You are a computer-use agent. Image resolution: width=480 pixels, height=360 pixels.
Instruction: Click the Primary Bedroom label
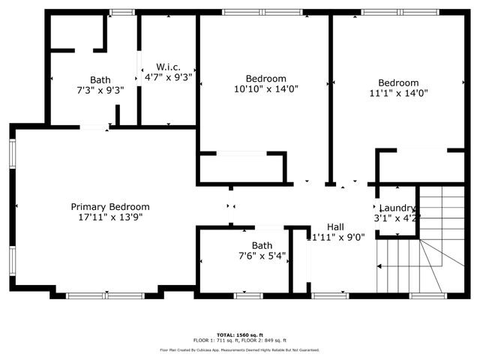pos(109,207)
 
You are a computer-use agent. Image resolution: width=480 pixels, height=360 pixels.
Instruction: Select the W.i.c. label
pos(168,66)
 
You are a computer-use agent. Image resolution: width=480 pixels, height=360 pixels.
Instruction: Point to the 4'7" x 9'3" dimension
pos(168,76)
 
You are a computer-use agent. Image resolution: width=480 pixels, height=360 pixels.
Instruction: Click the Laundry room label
pos(397,208)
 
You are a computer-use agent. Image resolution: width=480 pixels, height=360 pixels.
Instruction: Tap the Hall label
pos(335,226)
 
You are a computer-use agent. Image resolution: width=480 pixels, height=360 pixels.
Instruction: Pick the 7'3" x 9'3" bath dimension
pos(100,90)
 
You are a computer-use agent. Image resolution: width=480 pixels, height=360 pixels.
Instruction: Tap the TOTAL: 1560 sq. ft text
pos(239,334)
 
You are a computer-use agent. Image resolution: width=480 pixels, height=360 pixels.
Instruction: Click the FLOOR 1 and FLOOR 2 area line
pos(239,340)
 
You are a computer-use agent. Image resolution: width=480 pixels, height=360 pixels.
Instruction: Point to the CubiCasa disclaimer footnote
pos(239,350)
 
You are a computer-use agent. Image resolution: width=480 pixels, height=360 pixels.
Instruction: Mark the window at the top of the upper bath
pos(122,12)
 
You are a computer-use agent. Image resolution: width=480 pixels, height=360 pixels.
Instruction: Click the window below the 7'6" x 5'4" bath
pos(248,295)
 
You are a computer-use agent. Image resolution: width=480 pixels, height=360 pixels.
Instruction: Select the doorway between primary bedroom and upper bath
pos(94,127)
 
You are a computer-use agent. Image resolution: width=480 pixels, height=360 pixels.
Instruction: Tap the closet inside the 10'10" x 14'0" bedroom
pos(241,168)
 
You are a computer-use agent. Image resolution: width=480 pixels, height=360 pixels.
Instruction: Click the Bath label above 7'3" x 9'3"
pos(100,79)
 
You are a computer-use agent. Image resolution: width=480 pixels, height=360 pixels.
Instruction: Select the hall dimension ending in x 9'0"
pos(335,237)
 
